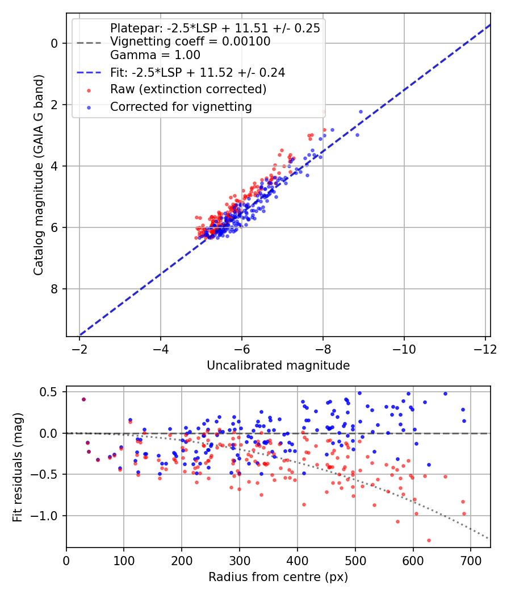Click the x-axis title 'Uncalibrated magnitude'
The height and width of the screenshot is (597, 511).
click(x=278, y=366)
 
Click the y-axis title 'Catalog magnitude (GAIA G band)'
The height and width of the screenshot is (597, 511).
click(x=39, y=175)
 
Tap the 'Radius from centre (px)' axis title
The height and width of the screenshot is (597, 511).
click(x=278, y=577)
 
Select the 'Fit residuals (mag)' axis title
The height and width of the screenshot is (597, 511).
click(x=18, y=467)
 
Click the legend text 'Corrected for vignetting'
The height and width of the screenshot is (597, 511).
click(x=181, y=107)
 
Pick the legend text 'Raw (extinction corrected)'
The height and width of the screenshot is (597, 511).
click(x=188, y=89)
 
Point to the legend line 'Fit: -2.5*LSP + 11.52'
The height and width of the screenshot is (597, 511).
click(x=89, y=72)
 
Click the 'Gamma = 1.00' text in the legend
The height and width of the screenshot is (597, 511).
click(x=155, y=55)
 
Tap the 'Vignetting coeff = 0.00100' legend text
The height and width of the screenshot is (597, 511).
click(x=190, y=42)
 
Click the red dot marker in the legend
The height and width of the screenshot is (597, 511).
click(x=89, y=90)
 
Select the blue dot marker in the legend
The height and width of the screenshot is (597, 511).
click(x=89, y=108)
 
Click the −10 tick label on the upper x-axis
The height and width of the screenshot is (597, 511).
click(x=404, y=349)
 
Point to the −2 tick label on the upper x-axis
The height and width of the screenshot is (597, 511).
click(x=79, y=349)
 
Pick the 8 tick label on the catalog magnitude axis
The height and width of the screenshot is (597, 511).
click(x=55, y=289)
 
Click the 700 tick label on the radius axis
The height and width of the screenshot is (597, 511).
click(x=471, y=561)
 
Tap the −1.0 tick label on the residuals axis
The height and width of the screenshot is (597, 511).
click(x=47, y=516)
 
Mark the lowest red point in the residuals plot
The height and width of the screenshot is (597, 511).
click(x=429, y=540)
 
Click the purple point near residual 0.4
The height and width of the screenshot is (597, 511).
click(x=83, y=399)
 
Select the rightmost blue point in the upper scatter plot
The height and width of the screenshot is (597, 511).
click(x=361, y=111)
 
